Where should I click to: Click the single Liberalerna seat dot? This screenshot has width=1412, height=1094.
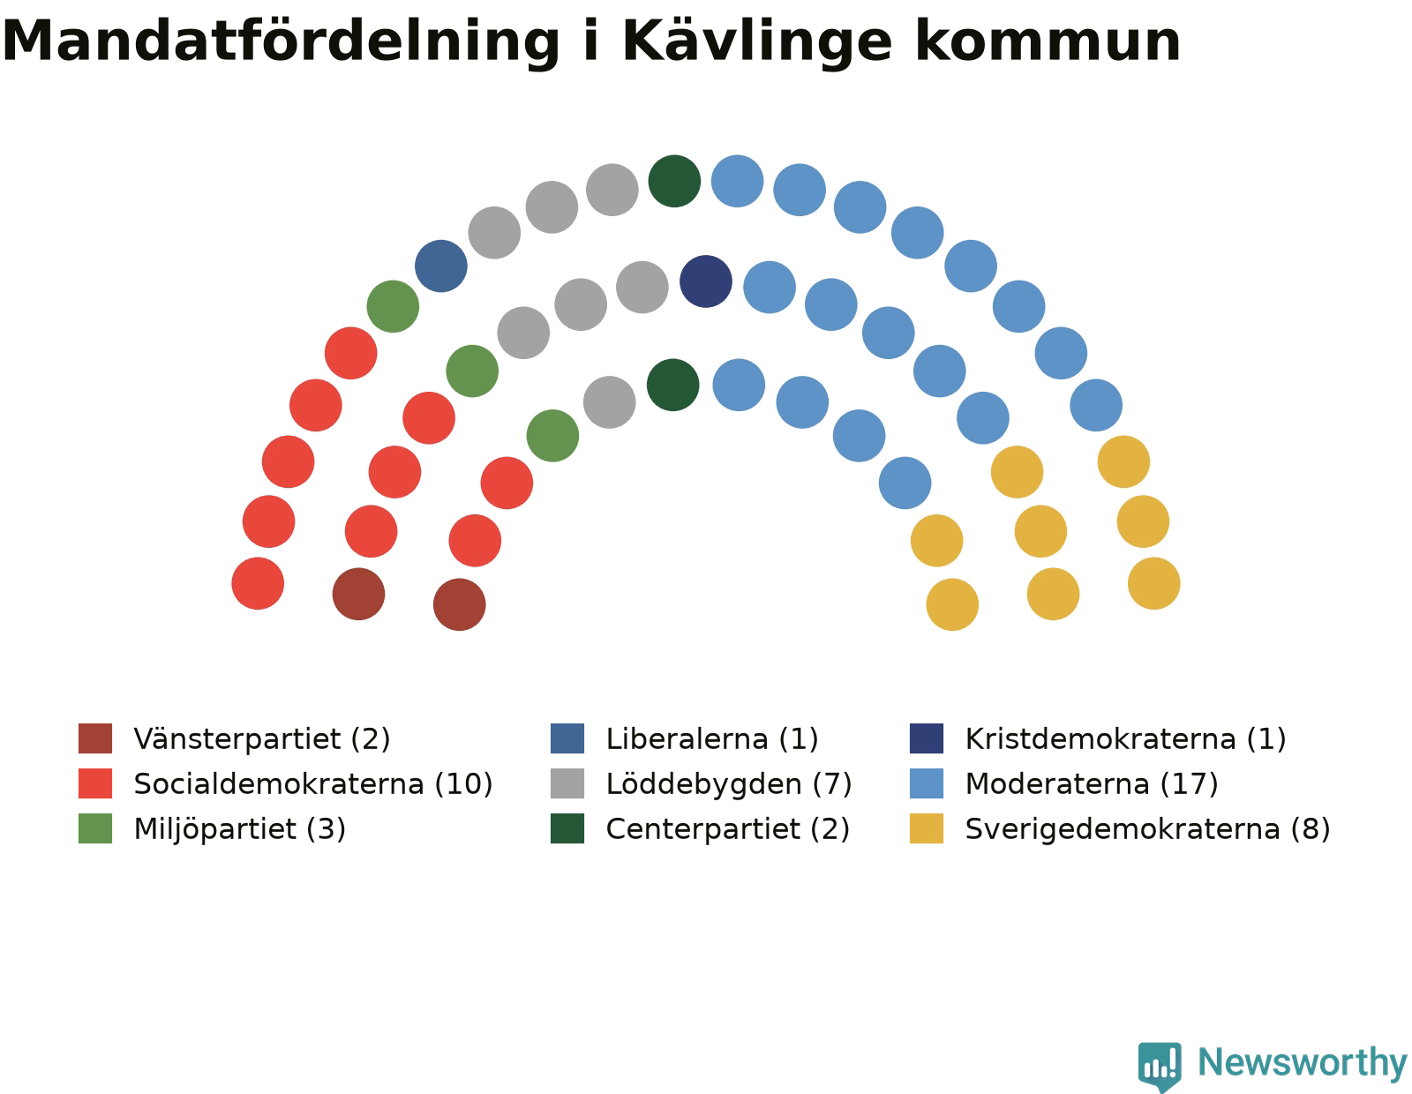pos(440,266)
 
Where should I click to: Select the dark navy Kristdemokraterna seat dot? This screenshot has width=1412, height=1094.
pos(706,281)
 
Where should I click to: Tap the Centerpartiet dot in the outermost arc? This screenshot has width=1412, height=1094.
pos(674,181)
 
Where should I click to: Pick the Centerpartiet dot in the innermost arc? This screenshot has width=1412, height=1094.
pos(673,386)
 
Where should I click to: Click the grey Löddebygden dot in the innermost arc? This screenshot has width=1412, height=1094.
pos(610,402)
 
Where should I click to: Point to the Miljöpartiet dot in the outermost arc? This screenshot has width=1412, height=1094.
pos(393,307)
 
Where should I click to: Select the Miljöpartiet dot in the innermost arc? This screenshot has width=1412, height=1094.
pos(553,436)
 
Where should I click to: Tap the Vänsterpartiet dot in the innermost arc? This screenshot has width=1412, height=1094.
pos(460,605)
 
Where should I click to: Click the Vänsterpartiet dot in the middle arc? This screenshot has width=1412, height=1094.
pos(358,595)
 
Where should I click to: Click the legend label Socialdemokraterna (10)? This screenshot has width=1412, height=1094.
pos(313,784)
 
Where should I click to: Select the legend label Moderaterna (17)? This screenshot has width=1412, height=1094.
pos(1092,784)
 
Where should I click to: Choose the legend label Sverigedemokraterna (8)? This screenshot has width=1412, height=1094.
pos(1148,829)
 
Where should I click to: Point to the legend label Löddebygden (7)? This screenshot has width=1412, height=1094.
pos(729,784)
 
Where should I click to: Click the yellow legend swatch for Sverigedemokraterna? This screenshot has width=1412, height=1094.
pos(927,829)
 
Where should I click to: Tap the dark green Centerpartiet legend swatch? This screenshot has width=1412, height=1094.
pos(567,829)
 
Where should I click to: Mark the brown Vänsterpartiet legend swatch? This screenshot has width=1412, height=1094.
pos(95,738)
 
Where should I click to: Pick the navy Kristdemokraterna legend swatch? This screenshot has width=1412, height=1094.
pos(927,738)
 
